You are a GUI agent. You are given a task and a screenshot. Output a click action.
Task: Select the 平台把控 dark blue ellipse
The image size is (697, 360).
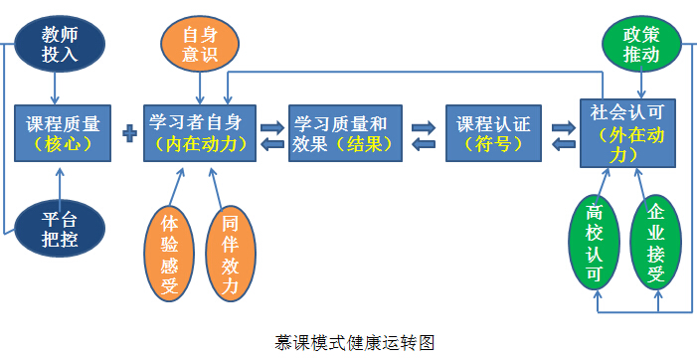(60, 229)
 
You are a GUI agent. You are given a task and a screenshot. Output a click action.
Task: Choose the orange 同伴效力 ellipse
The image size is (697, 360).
(230, 251)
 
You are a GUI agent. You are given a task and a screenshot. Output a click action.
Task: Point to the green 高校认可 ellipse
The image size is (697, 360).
(595, 245)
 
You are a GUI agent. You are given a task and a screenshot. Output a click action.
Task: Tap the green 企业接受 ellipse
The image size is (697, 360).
(655, 245)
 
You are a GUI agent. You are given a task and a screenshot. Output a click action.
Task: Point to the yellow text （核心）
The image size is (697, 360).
(62, 144)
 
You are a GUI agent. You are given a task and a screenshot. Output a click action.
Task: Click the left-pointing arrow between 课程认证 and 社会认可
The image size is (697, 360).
(563, 144)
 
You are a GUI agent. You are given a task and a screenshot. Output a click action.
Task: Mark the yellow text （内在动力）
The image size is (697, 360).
(201, 144)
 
